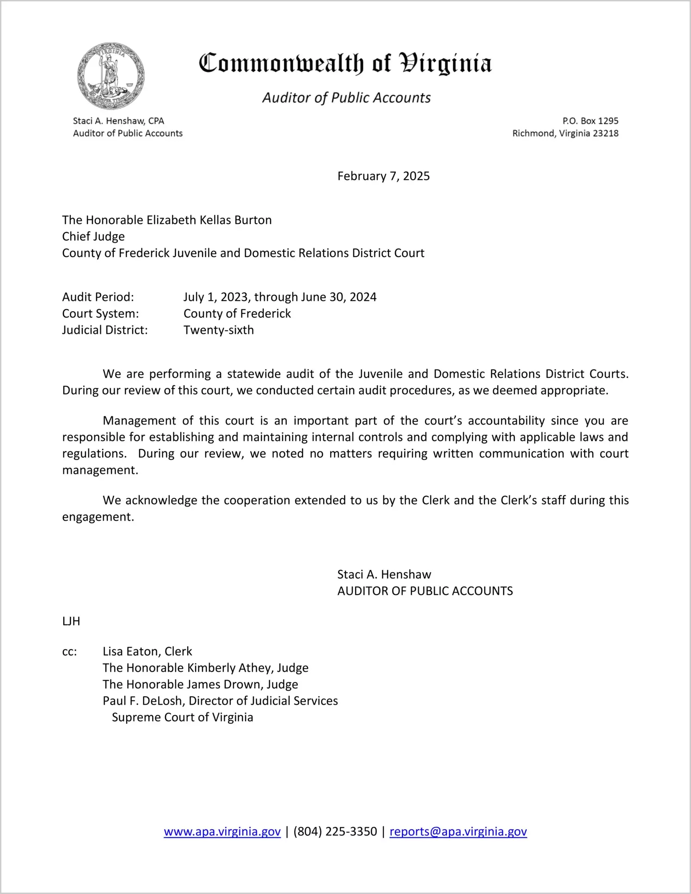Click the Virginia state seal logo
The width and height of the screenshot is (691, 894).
[111, 76]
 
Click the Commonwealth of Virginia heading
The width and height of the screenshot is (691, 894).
[345, 63]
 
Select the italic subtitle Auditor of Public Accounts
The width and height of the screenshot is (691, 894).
[346, 98]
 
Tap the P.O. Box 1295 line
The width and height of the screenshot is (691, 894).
[590, 121]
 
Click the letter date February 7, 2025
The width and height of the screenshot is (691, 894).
[383, 176]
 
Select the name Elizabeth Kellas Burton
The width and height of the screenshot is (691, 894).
[209, 220]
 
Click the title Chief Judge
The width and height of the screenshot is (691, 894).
[93, 237]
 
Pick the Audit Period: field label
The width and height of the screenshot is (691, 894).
[98, 297]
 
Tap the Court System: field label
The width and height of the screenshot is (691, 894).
[100, 313]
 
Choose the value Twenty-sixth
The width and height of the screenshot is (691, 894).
[219, 330]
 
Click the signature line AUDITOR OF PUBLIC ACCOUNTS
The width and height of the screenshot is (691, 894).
[425, 591]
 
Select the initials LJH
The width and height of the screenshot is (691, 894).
[71, 621]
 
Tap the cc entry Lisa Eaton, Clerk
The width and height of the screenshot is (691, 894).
[147, 651]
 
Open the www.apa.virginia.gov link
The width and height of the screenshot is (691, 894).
[222, 831]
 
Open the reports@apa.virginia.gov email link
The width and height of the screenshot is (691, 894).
[458, 831]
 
